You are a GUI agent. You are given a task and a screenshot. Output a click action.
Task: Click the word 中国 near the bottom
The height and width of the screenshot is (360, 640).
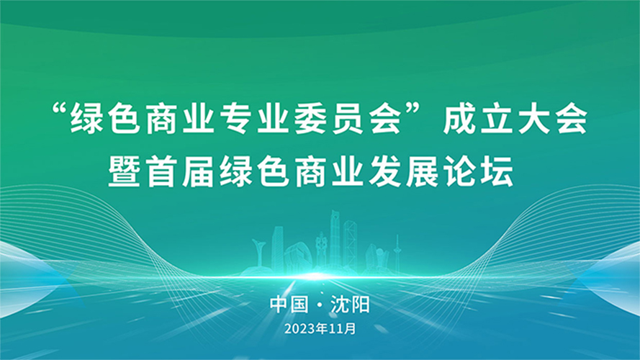[x=289, y=305]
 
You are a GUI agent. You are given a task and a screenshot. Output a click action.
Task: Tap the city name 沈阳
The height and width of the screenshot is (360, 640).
[x=350, y=305]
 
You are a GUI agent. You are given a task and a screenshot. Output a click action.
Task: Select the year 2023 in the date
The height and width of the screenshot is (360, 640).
[x=300, y=329]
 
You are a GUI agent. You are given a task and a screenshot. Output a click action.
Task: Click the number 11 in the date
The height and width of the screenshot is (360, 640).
[x=336, y=329]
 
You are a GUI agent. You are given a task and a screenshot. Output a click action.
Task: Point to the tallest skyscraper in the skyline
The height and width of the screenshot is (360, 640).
[x=335, y=240]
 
